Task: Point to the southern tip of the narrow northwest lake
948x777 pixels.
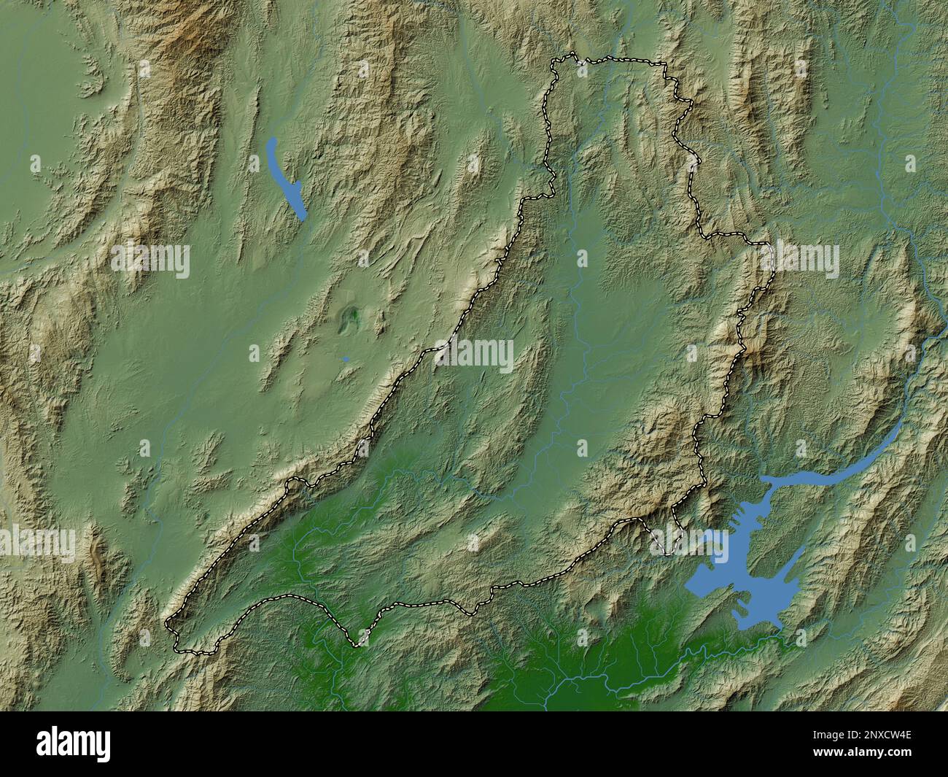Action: click(303, 217)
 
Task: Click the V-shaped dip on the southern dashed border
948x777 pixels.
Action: click(357, 644)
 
